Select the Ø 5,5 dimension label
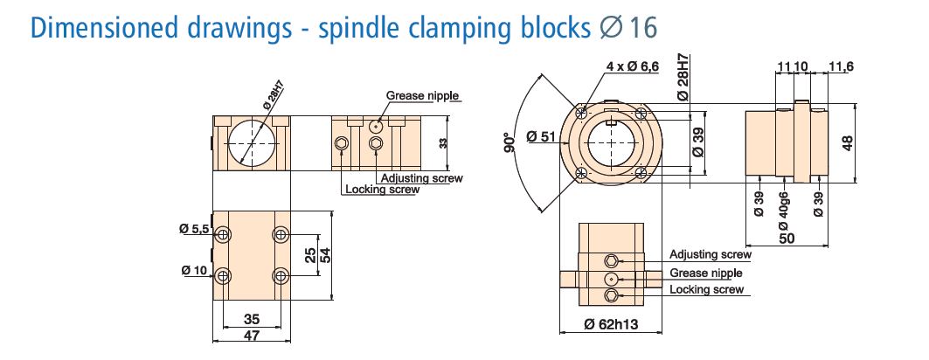(195, 229)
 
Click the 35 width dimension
(252, 319)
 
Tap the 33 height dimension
(443, 143)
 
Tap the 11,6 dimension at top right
(842, 66)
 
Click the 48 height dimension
(847, 143)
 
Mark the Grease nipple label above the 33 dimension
(423, 95)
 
